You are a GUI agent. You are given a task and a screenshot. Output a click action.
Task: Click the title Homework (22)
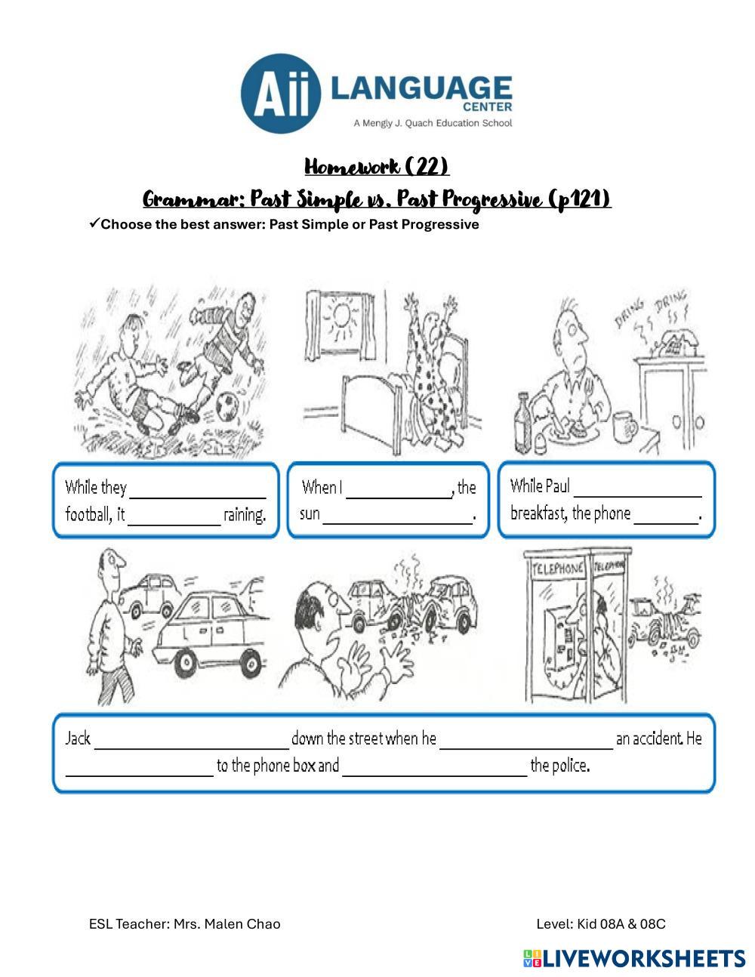click(377, 166)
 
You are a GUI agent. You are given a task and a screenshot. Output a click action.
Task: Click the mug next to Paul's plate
click(624, 427)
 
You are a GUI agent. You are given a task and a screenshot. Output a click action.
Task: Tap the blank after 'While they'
click(198, 488)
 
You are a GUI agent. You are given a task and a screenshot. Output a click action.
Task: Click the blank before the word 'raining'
click(174, 516)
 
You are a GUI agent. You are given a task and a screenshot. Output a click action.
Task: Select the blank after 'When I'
click(397, 488)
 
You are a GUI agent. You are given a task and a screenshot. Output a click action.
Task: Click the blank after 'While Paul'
click(637, 487)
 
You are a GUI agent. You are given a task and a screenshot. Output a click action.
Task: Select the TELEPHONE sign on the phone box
click(558, 568)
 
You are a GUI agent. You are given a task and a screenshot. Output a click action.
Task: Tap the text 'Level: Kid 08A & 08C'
click(601, 923)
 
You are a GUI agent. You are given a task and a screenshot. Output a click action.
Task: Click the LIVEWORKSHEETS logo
click(634, 958)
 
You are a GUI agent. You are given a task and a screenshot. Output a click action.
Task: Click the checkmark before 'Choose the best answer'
click(94, 223)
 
